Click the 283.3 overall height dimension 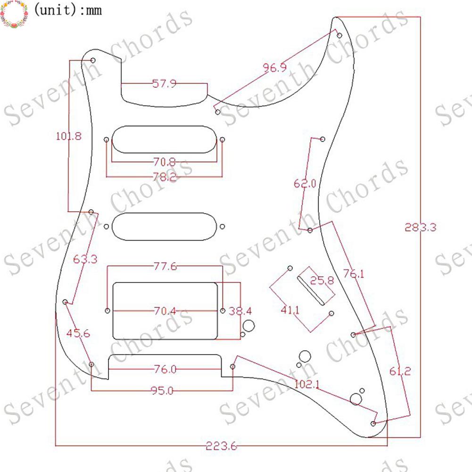[420, 227]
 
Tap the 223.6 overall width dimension [221, 446]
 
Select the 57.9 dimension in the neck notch [164, 83]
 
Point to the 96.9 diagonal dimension [274, 67]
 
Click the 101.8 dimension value [69, 136]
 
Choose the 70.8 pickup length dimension [165, 162]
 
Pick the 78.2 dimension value [165, 176]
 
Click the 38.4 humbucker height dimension [240, 311]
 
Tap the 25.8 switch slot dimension [322, 280]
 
